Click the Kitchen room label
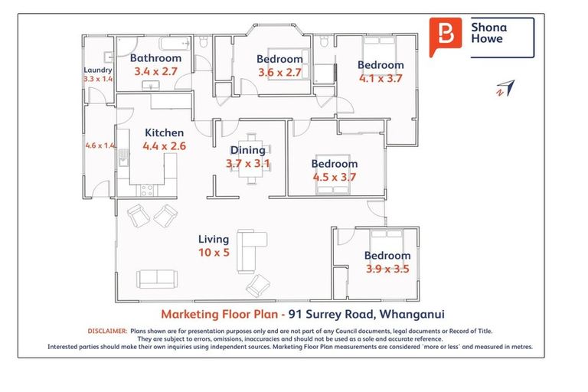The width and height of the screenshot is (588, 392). [163, 132]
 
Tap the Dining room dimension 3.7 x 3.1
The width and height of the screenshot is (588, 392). [247, 163]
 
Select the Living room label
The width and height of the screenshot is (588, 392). [214, 240]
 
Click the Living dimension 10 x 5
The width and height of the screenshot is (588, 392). [214, 252]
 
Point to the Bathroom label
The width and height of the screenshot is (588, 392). [155, 58]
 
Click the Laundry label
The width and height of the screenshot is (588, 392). [98, 70]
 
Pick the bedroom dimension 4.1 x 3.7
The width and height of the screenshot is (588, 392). [381, 77]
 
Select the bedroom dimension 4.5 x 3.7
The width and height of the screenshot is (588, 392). [335, 176]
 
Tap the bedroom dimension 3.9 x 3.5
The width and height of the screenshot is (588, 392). [387, 268]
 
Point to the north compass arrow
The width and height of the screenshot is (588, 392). [503, 88]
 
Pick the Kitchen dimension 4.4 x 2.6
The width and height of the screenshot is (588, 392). [164, 145]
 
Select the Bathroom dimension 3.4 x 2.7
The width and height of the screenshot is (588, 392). [155, 70]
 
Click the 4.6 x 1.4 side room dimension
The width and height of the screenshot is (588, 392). [100, 145]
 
